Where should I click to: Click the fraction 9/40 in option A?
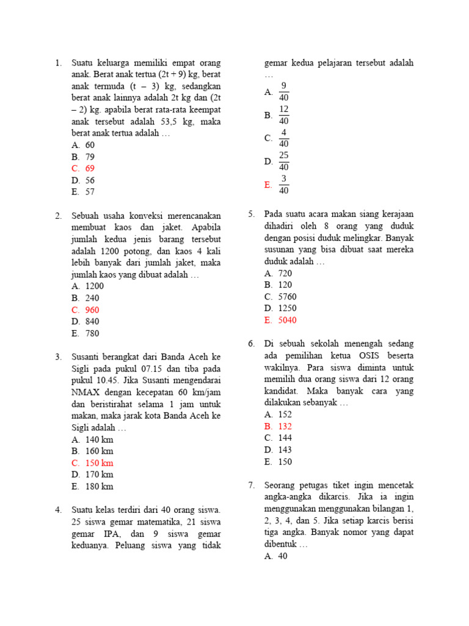coord(283,92)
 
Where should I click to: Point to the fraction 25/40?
coord(283,161)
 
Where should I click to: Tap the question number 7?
coord(250,485)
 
